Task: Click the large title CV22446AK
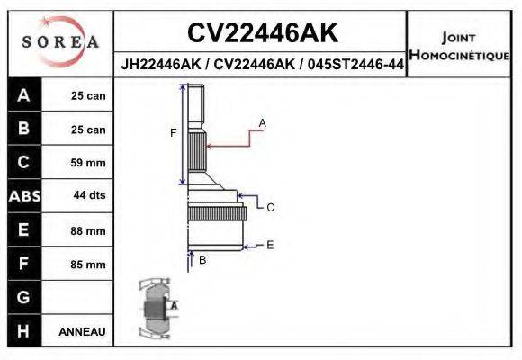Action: click(262, 33)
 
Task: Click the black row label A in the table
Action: click(23, 95)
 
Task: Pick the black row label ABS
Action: click(23, 196)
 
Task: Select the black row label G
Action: click(23, 297)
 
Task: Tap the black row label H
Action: click(23, 330)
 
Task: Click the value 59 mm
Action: click(88, 163)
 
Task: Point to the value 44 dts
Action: click(88, 196)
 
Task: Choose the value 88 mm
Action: click(88, 230)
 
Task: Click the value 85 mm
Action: click(88, 264)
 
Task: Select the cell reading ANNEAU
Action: click(82, 331)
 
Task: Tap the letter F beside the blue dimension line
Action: click(174, 133)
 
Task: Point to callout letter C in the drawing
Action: click(270, 208)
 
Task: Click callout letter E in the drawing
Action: click(270, 244)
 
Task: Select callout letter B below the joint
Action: click(202, 260)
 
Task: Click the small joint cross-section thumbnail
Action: click(154, 309)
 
